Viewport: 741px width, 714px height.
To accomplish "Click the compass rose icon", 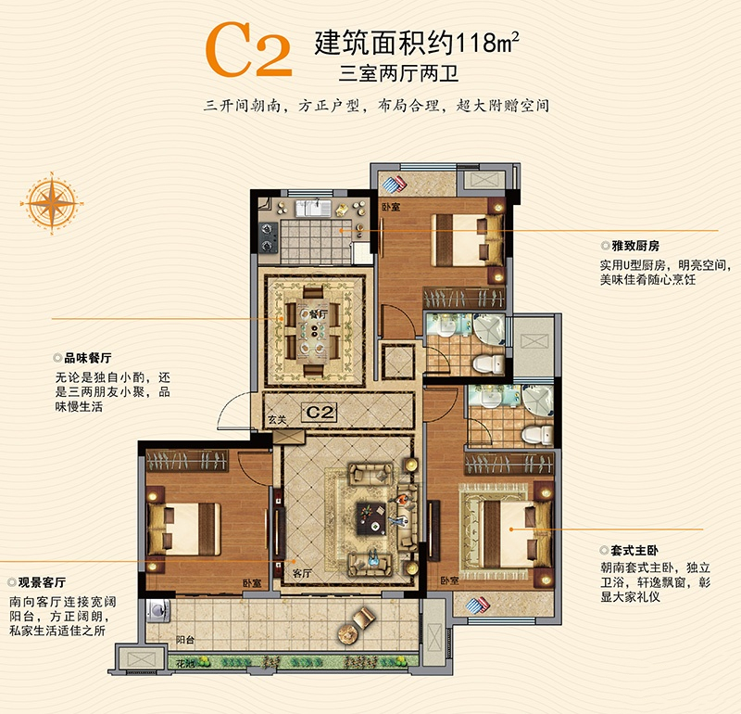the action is (52, 203).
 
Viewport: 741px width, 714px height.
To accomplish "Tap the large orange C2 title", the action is (249, 50).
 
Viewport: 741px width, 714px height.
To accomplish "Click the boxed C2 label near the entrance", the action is (320, 413).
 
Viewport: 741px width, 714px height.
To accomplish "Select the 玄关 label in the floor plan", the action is (277, 420).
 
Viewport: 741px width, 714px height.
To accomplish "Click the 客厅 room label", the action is (302, 573).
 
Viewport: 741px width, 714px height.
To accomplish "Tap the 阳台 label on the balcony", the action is (184, 640).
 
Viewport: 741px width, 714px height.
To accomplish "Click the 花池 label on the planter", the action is (184, 663).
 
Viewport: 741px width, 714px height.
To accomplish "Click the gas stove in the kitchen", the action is (269, 237).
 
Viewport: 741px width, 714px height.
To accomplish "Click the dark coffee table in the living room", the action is (371, 518).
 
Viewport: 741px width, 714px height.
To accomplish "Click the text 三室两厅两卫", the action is (398, 74).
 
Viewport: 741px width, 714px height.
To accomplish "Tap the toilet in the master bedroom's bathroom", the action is (537, 434).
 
